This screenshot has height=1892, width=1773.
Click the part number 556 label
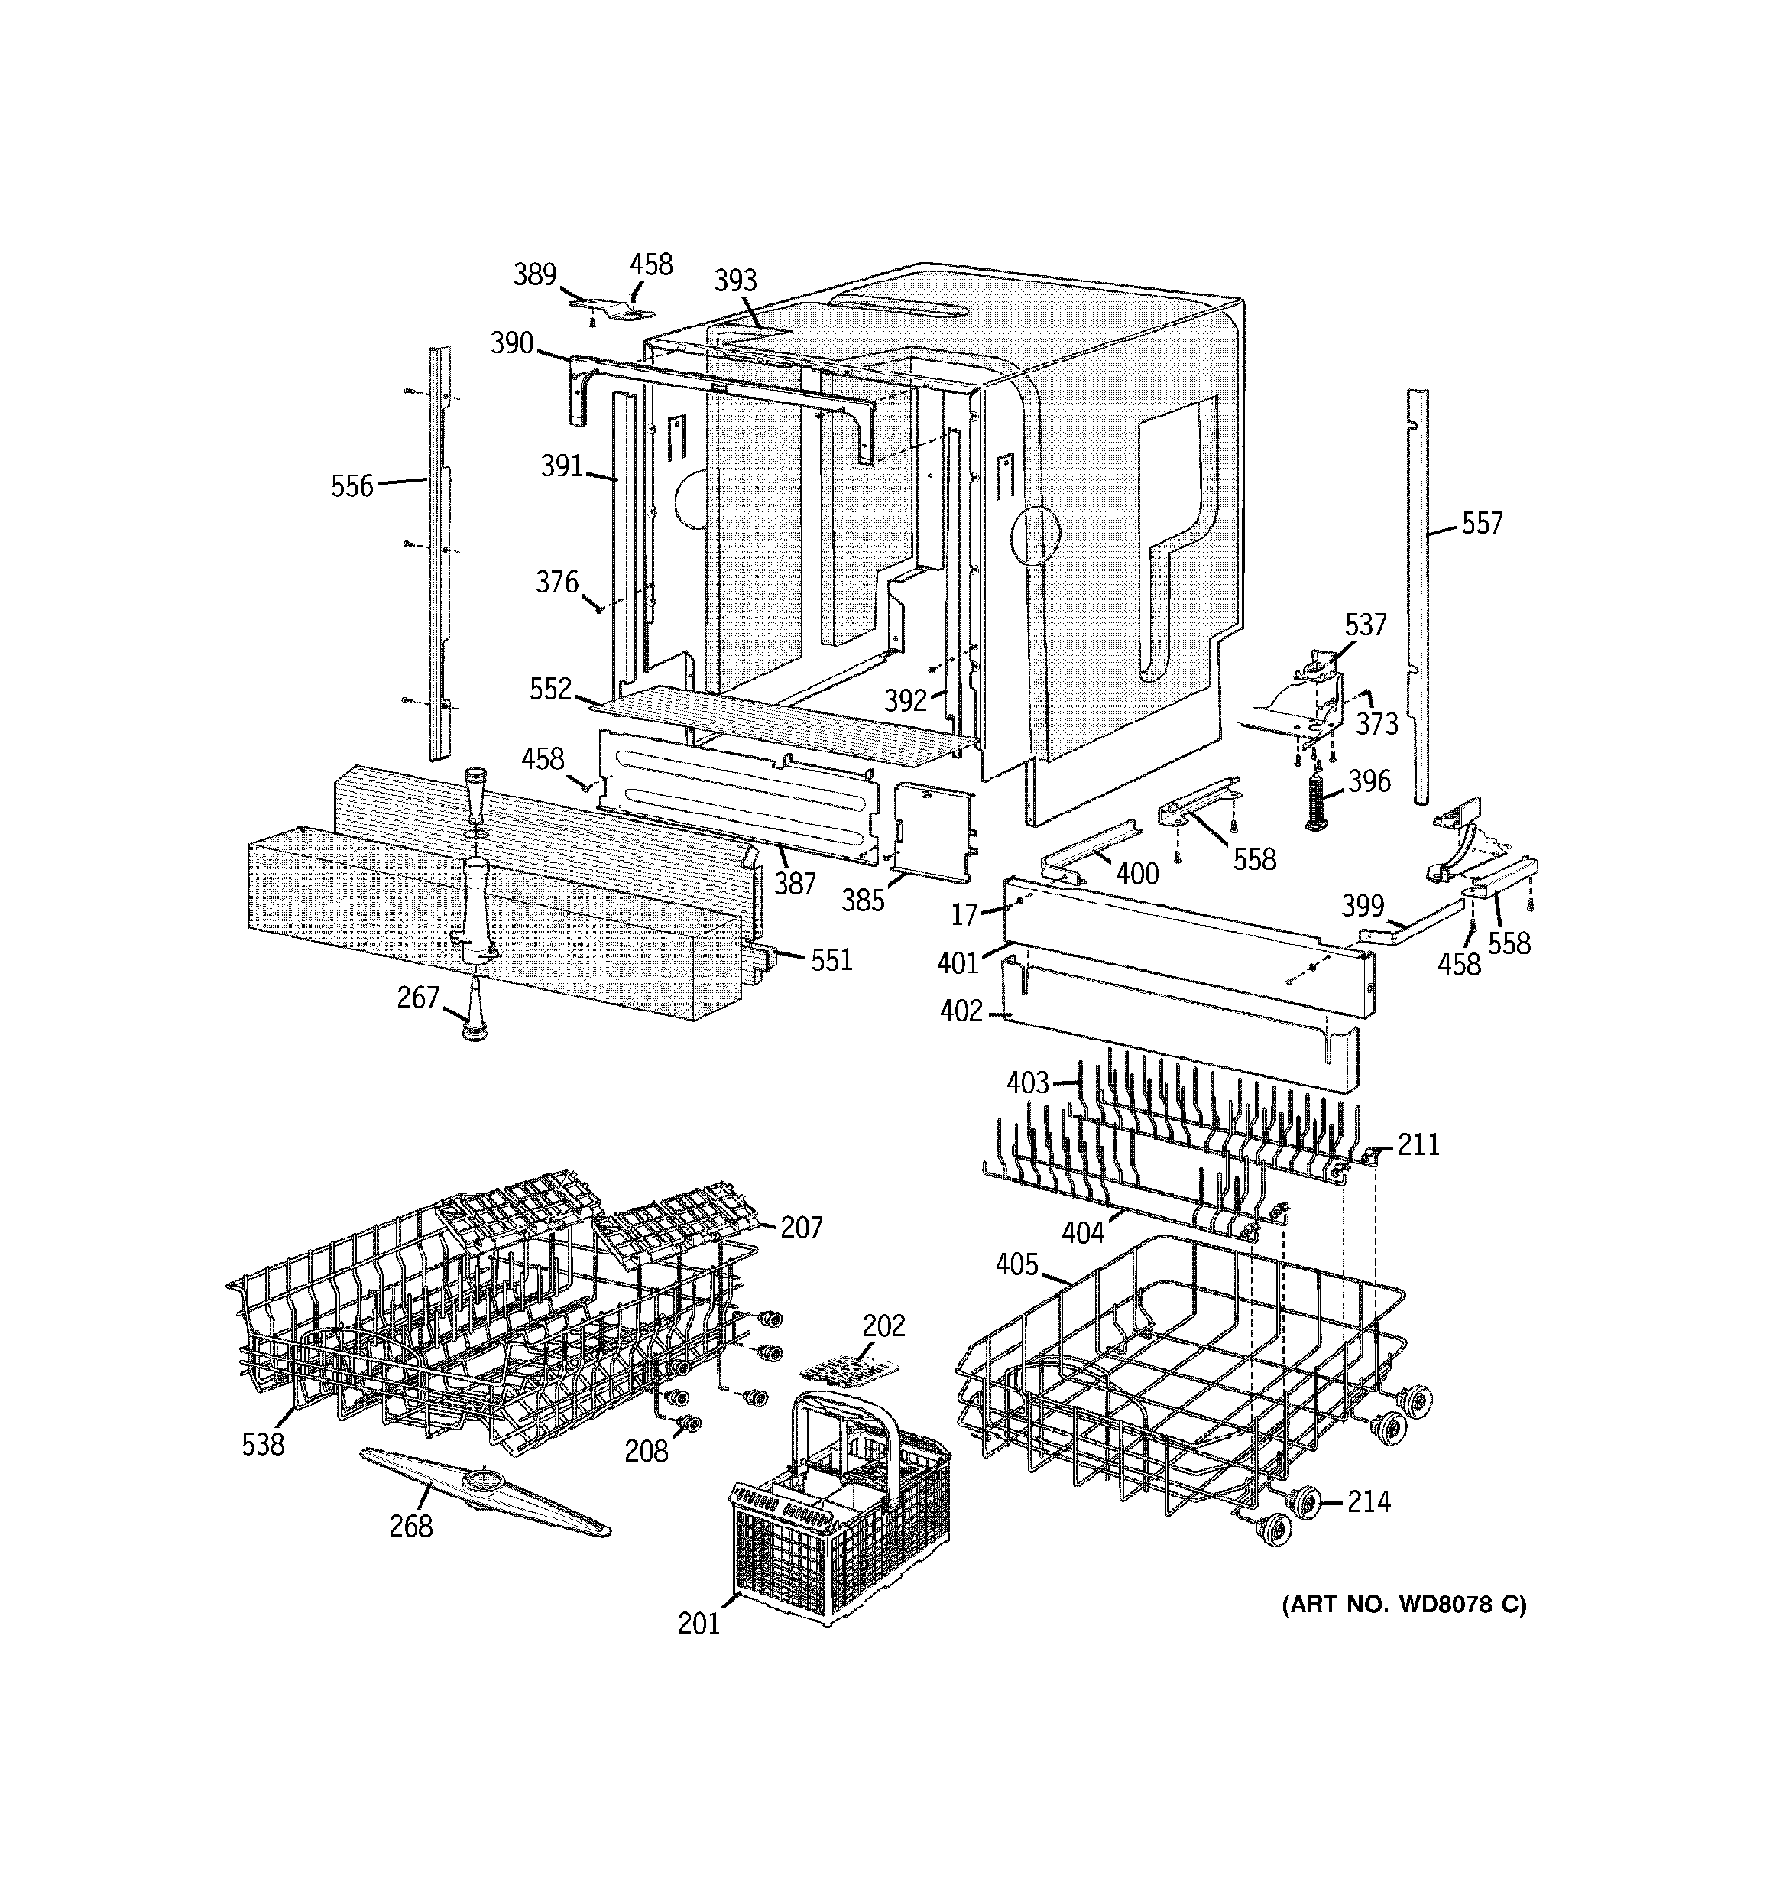[x=352, y=486]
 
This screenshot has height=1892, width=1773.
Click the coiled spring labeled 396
[x=1317, y=800]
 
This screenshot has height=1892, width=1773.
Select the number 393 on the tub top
[x=734, y=280]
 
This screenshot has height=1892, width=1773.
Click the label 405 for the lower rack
[x=1016, y=1264]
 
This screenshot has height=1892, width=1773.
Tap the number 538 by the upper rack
[x=263, y=1445]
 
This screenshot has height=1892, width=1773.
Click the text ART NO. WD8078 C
[x=1404, y=1605]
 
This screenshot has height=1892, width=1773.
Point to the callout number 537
[x=1366, y=625]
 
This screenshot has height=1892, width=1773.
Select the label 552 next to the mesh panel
[x=550, y=689]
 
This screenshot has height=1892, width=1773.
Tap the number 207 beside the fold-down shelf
[x=802, y=1228]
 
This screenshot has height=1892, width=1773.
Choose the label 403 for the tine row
[x=1028, y=1083]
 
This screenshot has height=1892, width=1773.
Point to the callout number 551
[x=831, y=960]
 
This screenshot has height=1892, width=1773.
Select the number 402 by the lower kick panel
[x=961, y=1011]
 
